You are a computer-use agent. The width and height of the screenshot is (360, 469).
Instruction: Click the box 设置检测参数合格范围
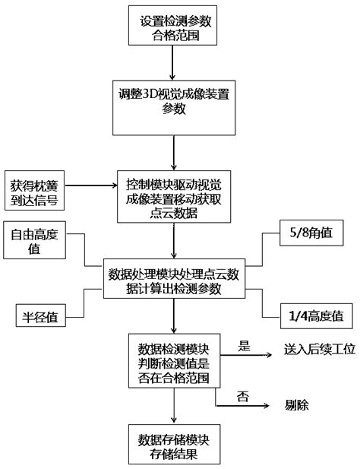(x=172, y=25)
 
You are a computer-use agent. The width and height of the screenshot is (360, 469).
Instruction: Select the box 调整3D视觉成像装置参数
(x=174, y=108)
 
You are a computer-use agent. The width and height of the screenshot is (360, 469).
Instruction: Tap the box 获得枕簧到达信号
(x=34, y=190)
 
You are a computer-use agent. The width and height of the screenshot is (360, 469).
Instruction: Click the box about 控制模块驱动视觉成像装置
(x=174, y=197)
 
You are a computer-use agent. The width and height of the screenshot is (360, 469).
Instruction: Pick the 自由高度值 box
(x=34, y=240)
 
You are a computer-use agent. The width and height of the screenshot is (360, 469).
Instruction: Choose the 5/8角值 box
(x=311, y=233)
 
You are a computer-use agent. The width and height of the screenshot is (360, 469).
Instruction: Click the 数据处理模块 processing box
(x=174, y=279)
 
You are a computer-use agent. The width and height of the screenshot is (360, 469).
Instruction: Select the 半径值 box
(x=40, y=315)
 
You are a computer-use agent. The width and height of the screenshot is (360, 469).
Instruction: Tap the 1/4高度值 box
(x=317, y=316)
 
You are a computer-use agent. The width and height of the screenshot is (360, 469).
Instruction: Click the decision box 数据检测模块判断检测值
(x=174, y=361)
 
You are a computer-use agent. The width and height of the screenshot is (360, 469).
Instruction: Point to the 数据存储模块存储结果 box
(x=174, y=444)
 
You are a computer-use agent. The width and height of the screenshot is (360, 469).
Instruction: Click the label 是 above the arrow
(x=244, y=346)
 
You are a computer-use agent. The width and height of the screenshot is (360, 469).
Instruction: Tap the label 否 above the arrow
(x=242, y=397)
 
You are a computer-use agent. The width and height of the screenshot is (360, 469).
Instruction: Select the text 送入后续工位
(x=320, y=350)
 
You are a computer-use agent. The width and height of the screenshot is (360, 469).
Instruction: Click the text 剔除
(x=297, y=405)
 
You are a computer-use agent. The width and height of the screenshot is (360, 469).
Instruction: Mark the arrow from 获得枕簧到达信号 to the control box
(x=91, y=185)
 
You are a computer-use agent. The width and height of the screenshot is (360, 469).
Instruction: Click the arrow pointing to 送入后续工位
(x=246, y=355)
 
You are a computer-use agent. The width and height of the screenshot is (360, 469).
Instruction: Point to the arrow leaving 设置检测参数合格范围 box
(x=172, y=63)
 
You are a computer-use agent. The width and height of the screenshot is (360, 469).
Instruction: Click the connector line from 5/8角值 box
(x=262, y=249)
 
